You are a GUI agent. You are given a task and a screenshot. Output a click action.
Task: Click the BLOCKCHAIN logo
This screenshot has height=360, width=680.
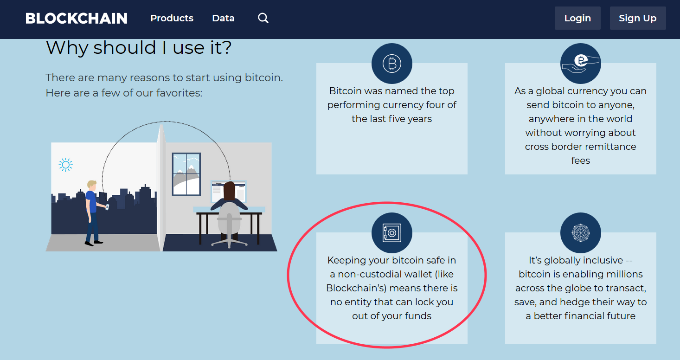pos(77,19)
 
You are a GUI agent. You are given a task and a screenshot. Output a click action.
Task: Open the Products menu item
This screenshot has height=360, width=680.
pos(172,18)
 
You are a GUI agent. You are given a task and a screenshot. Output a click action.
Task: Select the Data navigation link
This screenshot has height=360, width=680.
pos(223,19)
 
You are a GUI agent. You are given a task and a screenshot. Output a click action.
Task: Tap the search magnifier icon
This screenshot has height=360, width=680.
pos(263,18)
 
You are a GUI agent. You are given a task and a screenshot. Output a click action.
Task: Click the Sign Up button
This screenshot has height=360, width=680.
pos(637,18)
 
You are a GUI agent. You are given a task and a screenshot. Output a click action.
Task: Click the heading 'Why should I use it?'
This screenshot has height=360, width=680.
pos(139,48)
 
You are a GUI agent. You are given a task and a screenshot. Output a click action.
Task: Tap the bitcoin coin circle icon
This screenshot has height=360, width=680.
pos(391,64)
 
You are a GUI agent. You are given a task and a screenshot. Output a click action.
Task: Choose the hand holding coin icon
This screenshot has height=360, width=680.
pos(580,64)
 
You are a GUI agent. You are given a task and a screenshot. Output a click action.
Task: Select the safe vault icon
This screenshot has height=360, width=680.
pos(391,233)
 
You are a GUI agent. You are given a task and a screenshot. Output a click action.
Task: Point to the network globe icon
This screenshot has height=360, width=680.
pos(580,233)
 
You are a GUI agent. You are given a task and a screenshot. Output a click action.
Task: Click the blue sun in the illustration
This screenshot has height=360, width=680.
pos(66,165)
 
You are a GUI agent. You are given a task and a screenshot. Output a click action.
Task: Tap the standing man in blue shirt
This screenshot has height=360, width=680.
pos(92,211)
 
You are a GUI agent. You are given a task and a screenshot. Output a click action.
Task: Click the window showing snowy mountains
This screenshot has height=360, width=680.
pos(186,174)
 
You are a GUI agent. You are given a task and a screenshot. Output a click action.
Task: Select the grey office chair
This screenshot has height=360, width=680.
pos(229,223)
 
